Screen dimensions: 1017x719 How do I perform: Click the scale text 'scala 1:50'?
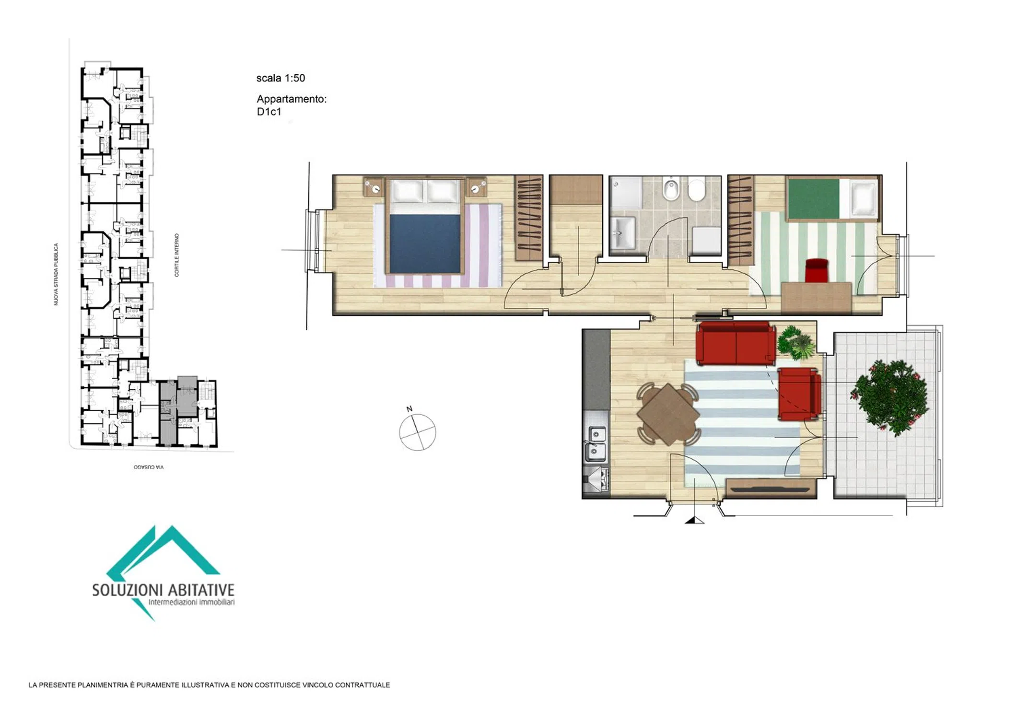click(x=281, y=78)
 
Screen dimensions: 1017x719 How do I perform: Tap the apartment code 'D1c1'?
click(x=269, y=112)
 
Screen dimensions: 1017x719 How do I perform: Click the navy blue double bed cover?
click(x=425, y=244)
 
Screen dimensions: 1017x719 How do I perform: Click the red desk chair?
click(x=817, y=271)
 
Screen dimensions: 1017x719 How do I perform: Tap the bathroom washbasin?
click(x=622, y=233)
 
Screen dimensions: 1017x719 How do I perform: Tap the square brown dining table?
click(x=668, y=414)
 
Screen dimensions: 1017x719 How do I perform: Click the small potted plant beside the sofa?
click(x=796, y=343)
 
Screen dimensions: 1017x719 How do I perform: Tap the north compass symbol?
click(x=417, y=431)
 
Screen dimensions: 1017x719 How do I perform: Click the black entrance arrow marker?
click(x=694, y=520)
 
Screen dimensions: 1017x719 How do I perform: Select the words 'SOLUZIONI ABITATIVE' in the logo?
click(x=163, y=590)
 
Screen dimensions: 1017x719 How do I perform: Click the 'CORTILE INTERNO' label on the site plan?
click(x=176, y=255)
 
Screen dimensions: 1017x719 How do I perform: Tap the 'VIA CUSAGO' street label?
click(x=149, y=467)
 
